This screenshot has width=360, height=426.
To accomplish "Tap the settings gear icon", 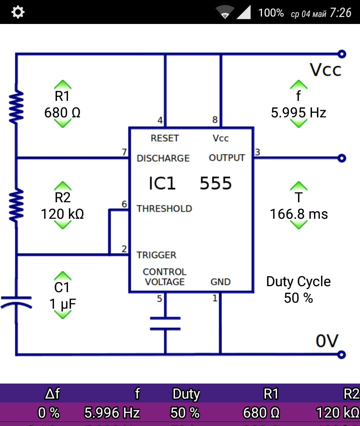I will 18,12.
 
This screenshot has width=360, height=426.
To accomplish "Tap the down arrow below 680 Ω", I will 62,123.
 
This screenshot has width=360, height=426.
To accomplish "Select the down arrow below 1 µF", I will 62,314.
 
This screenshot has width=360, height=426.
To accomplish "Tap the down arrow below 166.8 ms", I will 298,224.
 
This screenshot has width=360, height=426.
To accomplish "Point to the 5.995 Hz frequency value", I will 298,113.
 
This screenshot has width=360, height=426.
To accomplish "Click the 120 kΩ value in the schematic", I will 62,214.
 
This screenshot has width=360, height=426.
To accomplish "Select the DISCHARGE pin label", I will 163,158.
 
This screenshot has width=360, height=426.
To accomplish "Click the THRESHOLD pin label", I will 164,208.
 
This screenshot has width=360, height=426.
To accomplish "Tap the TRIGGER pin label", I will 156,255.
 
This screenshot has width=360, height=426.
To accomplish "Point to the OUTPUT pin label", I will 227,158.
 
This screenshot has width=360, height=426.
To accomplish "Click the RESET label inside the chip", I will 164,138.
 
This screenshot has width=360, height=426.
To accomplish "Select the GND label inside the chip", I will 220,282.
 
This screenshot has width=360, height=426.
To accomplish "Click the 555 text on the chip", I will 216,184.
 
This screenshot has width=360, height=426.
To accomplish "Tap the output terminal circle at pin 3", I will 342,158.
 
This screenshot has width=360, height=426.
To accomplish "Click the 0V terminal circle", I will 342,355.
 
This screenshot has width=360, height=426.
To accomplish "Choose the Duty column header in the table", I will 186,394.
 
